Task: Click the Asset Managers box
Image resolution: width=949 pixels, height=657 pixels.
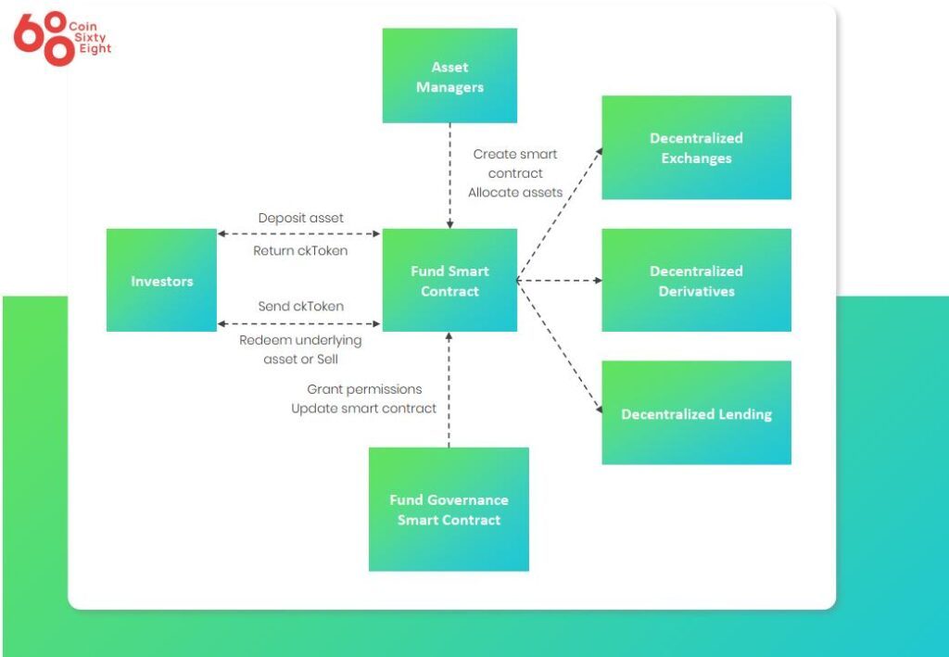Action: coord(449,76)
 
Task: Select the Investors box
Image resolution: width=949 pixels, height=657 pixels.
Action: coord(161,280)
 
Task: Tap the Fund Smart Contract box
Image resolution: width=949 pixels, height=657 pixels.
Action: coord(449,280)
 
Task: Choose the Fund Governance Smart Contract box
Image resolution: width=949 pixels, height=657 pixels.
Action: coord(449,509)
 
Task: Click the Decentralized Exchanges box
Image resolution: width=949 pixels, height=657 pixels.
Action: coord(696,147)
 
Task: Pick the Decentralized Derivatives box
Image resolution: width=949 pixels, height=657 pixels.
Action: coord(696,280)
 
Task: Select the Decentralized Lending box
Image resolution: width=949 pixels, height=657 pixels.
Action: coord(696,413)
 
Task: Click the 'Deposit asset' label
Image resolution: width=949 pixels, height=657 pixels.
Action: coord(300,218)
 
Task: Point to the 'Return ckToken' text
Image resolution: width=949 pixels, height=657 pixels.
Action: coord(300,250)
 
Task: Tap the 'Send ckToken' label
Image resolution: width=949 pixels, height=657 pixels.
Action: coord(300,306)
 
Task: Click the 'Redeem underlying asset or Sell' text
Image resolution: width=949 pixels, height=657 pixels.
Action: coord(300,349)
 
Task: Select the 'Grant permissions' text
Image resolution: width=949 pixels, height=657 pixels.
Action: coord(364,389)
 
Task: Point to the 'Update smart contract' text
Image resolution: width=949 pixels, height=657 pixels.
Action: coord(363,409)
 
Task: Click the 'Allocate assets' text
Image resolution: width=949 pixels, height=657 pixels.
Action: coord(514,193)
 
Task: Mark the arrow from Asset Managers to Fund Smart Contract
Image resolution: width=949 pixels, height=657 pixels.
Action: coord(449,176)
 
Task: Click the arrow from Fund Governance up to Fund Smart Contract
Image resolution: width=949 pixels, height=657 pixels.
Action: coord(449,389)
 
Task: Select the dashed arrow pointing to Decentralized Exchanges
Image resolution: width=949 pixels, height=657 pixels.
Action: coord(558,214)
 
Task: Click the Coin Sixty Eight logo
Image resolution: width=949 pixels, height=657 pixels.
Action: coord(61,38)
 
